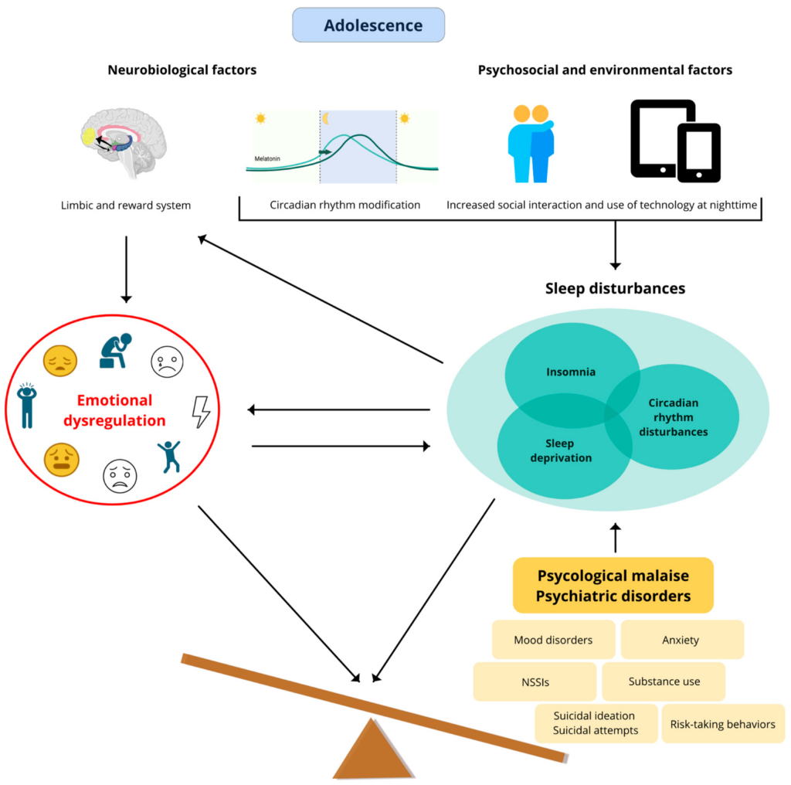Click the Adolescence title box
[x=368, y=25]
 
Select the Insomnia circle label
[x=572, y=372]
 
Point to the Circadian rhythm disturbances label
[x=674, y=417]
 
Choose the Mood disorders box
[x=553, y=640]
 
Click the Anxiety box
[x=681, y=640]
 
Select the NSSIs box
[x=535, y=681]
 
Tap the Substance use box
[x=664, y=681]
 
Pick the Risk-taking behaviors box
[x=723, y=725]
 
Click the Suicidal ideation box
[x=596, y=723]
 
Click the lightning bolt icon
[x=201, y=412]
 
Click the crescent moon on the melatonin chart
[x=326, y=118]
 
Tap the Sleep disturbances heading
[x=615, y=288]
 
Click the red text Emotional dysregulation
[x=120, y=410]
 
